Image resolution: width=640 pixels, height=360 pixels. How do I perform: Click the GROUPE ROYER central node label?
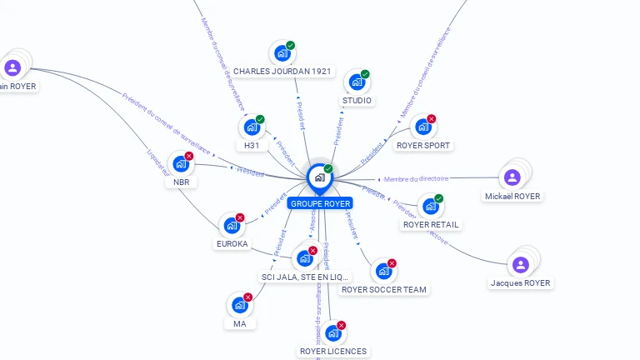pyautogui.click(x=320, y=203)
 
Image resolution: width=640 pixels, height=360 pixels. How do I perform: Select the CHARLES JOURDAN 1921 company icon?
pyautogui.click(x=282, y=54)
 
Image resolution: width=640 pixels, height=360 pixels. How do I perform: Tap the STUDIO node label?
pyautogui.click(x=357, y=101)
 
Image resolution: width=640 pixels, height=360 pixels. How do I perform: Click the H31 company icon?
pyautogui.click(x=252, y=128)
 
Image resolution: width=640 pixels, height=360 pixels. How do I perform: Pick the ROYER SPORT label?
pyautogui.click(x=423, y=145)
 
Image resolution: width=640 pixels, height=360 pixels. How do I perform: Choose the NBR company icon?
pyautogui.click(x=181, y=164)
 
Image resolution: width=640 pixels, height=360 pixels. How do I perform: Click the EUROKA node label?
pyautogui.click(x=232, y=244)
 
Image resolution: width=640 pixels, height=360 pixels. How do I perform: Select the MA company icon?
pyautogui.click(x=240, y=306)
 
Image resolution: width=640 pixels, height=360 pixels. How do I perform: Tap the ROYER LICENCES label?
pyautogui.click(x=333, y=351)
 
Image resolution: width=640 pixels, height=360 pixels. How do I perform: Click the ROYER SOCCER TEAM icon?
pyautogui.click(x=383, y=271)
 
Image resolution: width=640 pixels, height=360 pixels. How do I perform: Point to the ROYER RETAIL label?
pyautogui.click(x=431, y=224)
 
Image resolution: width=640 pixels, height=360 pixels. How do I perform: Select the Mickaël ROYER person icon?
pyautogui.click(x=512, y=177)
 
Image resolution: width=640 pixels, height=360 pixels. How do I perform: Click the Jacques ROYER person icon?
pyautogui.click(x=521, y=265)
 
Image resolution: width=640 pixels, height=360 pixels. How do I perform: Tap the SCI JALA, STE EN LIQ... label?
pyautogui.click(x=305, y=276)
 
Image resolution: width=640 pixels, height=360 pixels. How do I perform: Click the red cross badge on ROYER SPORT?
pyautogui.click(x=432, y=119)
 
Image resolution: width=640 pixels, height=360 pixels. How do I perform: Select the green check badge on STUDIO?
pyautogui.click(x=365, y=74)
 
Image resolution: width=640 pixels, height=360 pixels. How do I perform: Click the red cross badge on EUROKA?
pyautogui.click(x=240, y=217)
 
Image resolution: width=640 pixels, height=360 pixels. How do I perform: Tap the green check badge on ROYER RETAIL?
pyautogui.click(x=439, y=198)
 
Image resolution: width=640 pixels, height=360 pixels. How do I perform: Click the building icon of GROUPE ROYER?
pyautogui.click(x=319, y=177)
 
